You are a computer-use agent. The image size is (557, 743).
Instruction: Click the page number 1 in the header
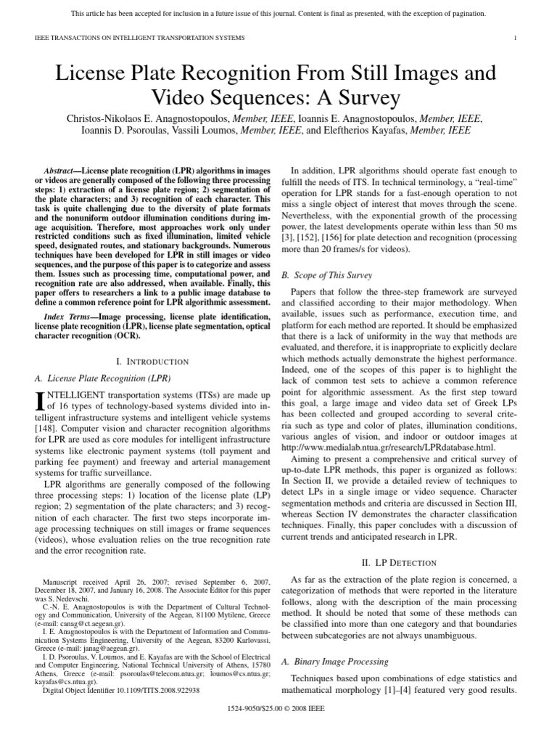[514, 38]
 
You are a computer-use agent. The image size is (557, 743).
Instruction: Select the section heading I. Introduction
[152, 361]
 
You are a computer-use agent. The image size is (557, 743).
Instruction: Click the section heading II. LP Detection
[398, 562]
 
